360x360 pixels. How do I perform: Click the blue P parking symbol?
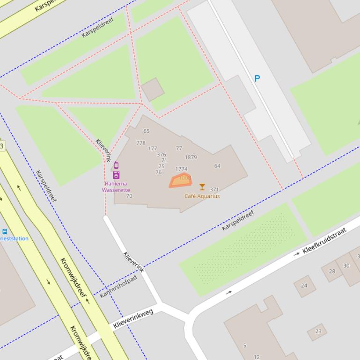(x=257, y=79)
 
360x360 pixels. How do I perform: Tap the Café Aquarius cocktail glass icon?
(x=202, y=187)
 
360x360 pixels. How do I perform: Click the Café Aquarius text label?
(x=202, y=196)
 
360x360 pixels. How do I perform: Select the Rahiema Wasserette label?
(x=116, y=187)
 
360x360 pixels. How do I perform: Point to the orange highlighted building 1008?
(x=181, y=180)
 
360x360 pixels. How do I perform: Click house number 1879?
(x=191, y=158)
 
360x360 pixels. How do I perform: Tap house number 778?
(x=140, y=143)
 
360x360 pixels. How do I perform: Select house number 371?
(x=214, y=190)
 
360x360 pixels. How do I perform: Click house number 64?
(x=217, y=166)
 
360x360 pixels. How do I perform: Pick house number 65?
(x=147, y=131)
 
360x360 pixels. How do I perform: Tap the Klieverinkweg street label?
(x=133, y=318)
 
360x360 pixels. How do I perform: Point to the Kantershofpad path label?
(x=118, y=287)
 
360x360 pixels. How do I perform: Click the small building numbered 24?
(x=304, y=286)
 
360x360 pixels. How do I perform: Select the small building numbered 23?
(x=318, y=331)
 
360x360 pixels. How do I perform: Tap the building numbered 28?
(x=332, y=272)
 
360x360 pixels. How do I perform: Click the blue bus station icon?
(x=5, y=231)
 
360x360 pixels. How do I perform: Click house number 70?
(x=129, y=196)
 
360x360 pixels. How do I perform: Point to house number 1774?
(x=181, y=169)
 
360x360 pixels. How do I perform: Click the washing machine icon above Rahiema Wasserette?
(x=116, y=175)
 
